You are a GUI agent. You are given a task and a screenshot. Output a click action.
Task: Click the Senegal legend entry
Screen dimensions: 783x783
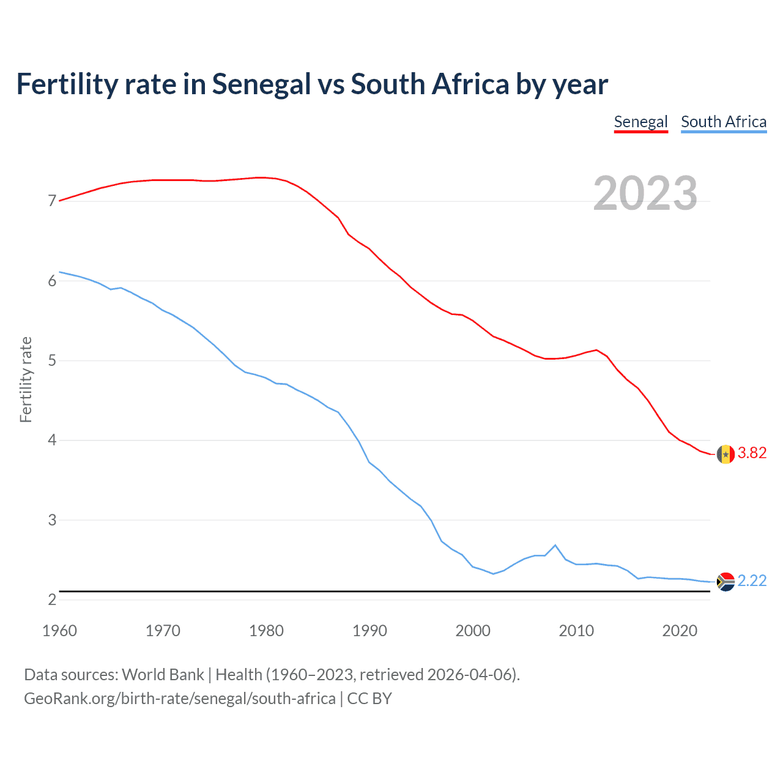[640, 122]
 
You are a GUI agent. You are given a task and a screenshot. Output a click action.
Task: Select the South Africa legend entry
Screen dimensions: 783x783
[724, 122]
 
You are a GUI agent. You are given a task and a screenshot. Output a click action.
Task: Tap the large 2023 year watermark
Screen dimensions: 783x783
[645, 193]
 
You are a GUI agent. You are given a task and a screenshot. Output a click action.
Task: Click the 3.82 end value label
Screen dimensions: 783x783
[752, 453]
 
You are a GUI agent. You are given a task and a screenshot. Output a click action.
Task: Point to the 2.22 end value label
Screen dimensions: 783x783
[752, 581]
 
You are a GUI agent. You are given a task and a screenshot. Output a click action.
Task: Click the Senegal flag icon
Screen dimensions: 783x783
[725, 455]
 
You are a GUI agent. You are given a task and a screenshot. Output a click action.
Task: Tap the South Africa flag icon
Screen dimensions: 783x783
[725, 581]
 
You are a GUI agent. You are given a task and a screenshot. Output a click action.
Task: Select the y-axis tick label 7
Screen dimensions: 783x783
[52, 201]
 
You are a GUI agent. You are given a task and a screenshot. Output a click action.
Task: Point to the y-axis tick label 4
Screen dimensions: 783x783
[52, 440]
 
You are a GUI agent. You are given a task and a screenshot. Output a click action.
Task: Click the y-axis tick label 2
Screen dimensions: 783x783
[52, 600]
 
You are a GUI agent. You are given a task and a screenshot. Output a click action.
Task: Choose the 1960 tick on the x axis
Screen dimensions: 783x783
[59, 631]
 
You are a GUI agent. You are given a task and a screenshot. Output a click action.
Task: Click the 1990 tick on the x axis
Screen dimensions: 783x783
[369, 631]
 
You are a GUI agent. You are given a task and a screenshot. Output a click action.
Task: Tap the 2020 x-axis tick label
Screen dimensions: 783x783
[680, 631]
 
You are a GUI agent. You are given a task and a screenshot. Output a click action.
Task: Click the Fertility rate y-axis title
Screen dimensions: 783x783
[26, 379]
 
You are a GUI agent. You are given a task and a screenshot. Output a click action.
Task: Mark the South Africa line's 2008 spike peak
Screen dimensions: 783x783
[555, 545]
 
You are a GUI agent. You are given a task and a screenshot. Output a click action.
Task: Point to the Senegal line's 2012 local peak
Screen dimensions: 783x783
[596, 350]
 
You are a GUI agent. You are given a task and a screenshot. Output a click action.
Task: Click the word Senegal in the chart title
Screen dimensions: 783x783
[261, 84]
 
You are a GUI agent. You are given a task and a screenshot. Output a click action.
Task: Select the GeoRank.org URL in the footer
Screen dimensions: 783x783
[179, 699]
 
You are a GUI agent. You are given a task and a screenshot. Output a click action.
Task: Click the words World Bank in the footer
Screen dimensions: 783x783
[163, 675]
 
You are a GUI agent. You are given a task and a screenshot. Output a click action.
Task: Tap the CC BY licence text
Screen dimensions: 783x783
[369, 699]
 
